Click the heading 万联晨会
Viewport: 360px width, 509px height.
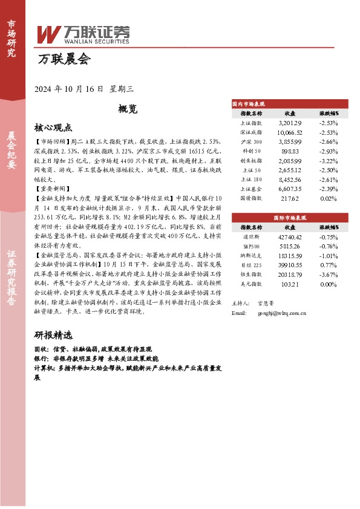[64, 60]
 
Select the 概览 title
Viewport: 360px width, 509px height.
[128, 109]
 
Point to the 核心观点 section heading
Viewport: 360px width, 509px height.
[53, 128]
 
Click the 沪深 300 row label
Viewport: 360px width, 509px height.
[251, 141]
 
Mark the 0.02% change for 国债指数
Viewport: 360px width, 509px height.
[328, 198]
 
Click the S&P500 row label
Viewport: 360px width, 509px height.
[251, 245]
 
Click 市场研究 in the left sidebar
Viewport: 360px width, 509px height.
[11, 37]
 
